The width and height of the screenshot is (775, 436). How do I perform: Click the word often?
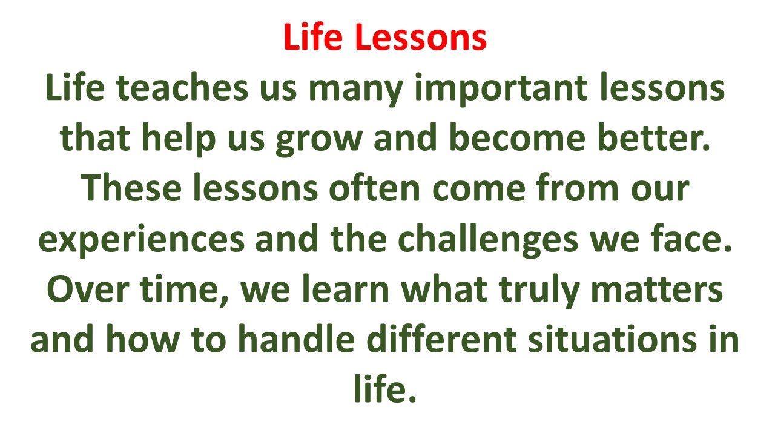374,189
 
